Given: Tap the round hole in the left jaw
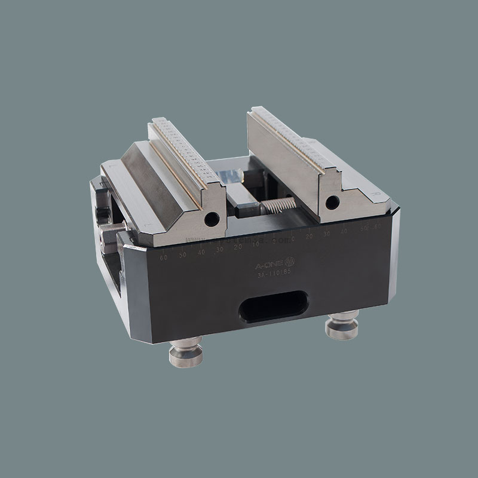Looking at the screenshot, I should (210, 220).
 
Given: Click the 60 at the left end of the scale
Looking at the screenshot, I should (164, 258).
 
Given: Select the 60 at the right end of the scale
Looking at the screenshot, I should (377, 227).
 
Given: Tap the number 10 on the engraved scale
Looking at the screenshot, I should (256, 244).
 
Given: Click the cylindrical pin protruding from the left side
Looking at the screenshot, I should (110, 229).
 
